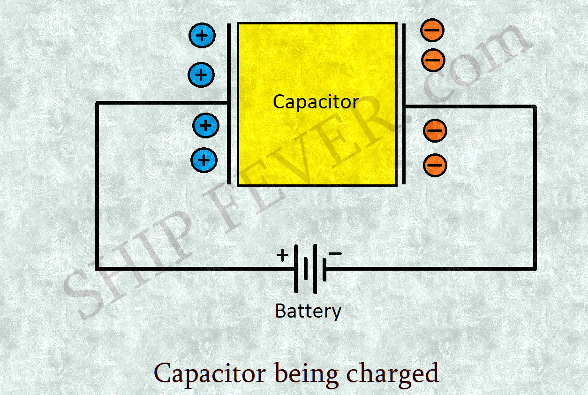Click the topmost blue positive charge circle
point(202,36)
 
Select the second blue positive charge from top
point(201,75)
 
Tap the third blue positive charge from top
point(206,125)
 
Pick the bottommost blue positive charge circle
point(204,160)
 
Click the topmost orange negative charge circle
point(432,30)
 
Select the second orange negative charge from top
point(433,60)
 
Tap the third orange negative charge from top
point(435,130)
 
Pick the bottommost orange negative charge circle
point(435,165)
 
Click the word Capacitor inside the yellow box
point(316,102)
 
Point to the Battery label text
point(308,311)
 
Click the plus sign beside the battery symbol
point(282,255)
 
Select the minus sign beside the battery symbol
point(335,253)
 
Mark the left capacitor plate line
point(229,103)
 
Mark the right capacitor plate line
point(404,103)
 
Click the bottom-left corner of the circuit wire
point(97,268)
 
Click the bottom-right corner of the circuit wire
point(535,268)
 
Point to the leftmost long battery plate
point(296,268)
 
